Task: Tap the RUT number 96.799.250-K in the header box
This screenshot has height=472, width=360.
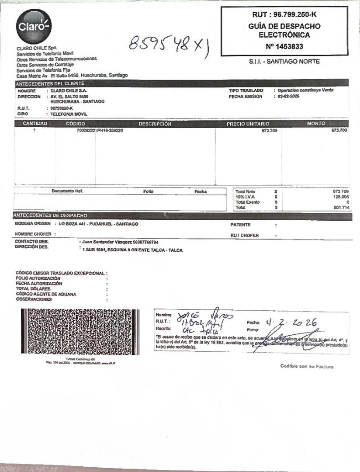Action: pos(284,15)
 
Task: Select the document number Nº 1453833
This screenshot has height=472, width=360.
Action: pos(284,46)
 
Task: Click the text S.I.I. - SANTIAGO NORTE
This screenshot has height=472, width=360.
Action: pos(284,62)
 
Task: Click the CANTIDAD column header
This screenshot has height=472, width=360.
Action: pos(35,124)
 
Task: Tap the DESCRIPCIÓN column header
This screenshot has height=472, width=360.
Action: pos(155,124)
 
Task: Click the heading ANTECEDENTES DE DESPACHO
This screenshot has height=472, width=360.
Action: pos(51,215)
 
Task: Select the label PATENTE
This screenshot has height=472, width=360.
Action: pos(240,225)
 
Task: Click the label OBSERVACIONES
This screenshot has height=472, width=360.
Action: pos(34,299)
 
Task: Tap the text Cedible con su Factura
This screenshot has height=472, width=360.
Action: pos(307,366)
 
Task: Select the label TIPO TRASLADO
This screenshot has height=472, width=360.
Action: pos(246,90)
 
